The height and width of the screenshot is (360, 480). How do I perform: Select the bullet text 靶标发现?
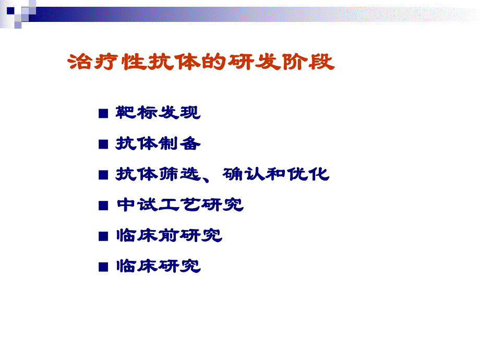coord(158,113)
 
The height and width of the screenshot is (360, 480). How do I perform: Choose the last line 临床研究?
coord(158,267)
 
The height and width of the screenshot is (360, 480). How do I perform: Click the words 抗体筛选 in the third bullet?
coord(158,174)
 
